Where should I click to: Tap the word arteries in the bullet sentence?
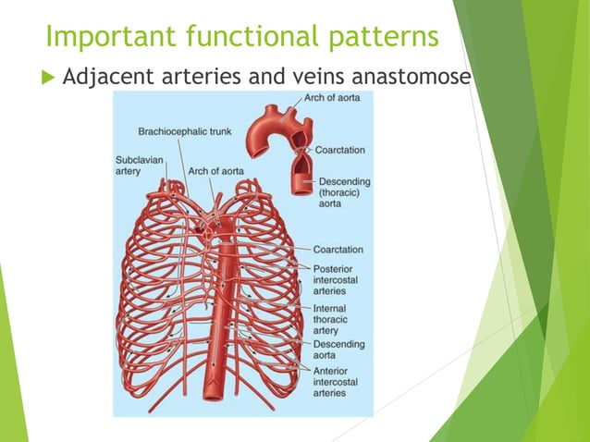pyautogui.click(x=212, y=78)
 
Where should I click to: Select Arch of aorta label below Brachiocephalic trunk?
pyautogui.click(x=215, y=171)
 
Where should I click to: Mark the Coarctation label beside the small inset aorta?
pyautogui.click(x=339, y=150)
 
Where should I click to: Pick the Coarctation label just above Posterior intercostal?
pyautogui.click(x=338, y=250)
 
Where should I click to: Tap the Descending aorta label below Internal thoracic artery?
pyautogui.click(x=338, y=350)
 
